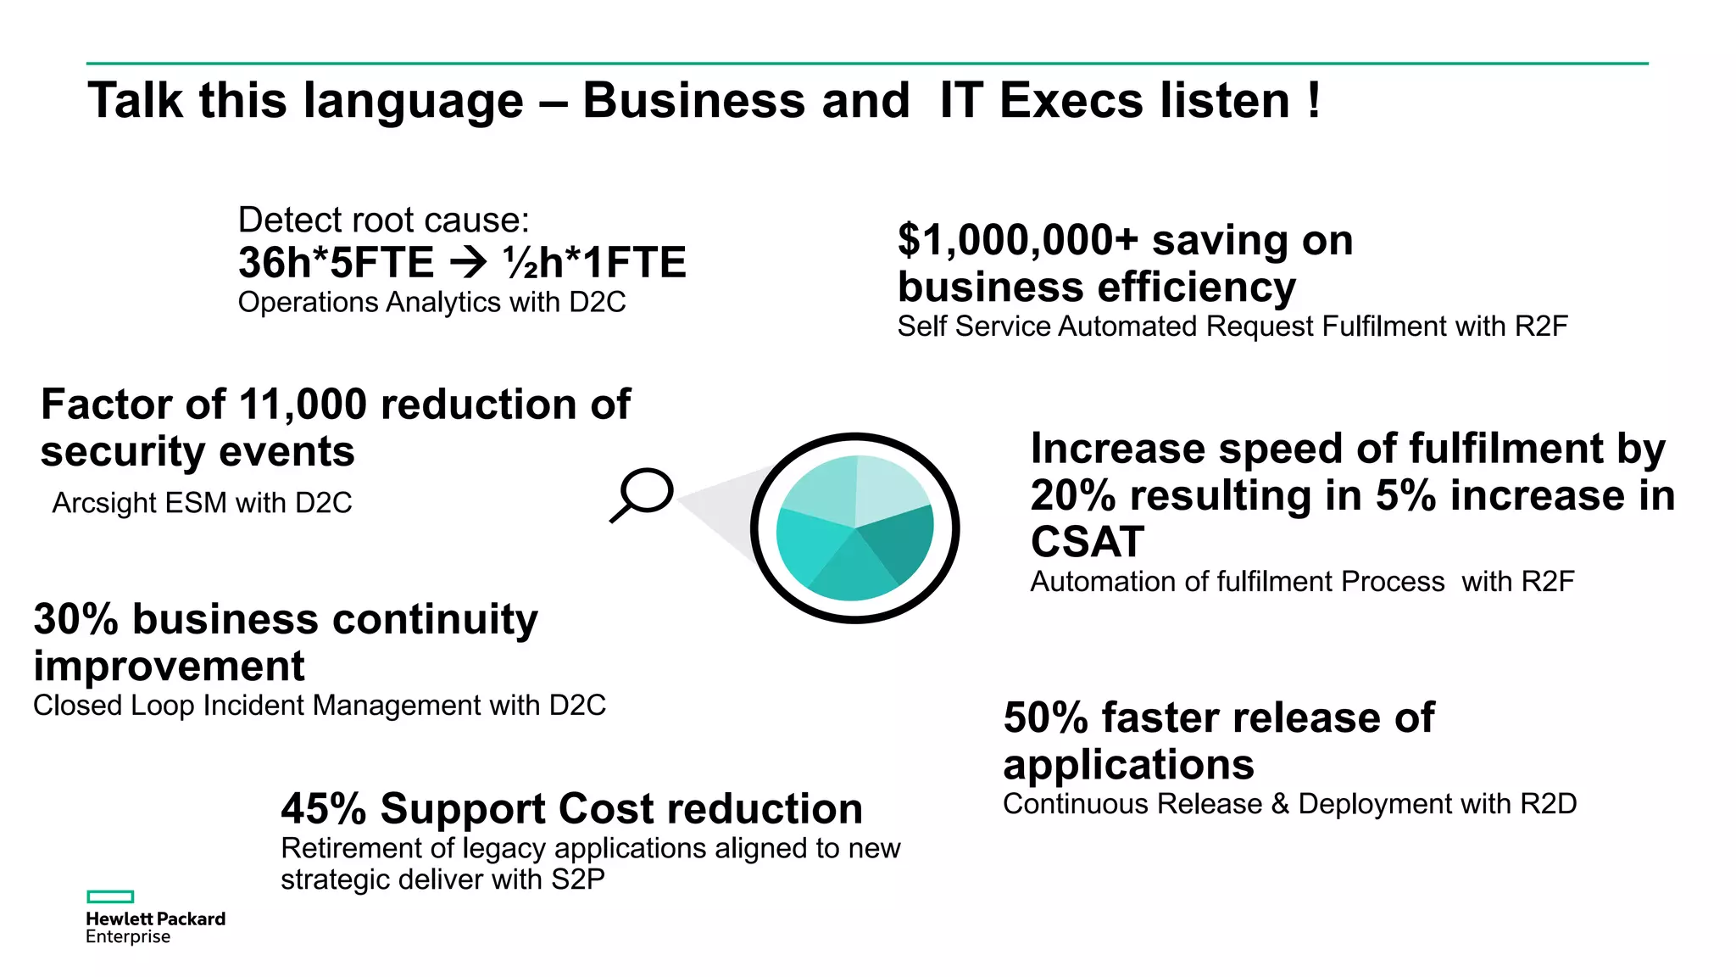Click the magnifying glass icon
[643, 494]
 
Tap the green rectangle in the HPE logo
[110, 896]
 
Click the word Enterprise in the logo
[128, 937]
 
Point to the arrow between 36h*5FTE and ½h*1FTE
[468, 263]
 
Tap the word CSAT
[1088, 541]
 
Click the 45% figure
[323, 808]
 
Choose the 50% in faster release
[1045, 717]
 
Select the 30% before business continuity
[75, 619]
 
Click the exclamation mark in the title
[1313, 100]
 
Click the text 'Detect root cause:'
[383, 220]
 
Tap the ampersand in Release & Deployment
[1280, 804]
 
